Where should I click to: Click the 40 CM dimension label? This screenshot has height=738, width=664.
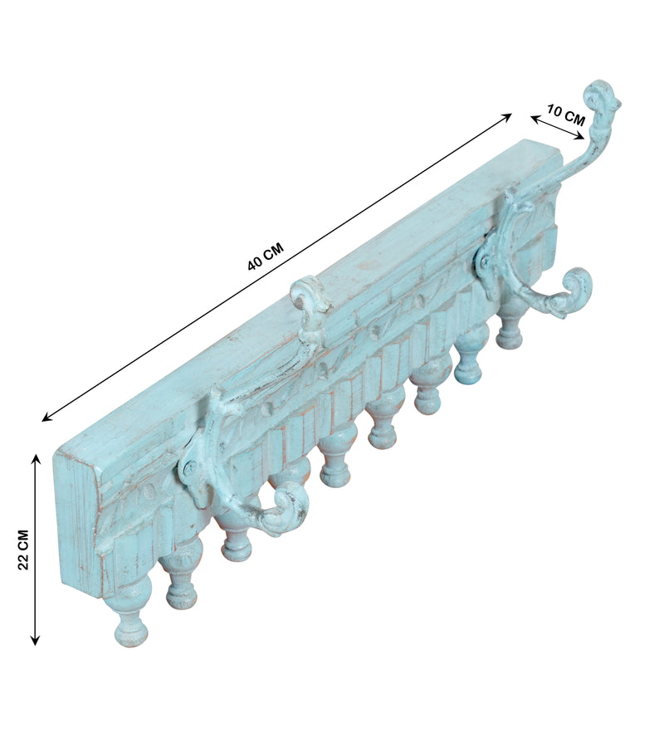[266, 256]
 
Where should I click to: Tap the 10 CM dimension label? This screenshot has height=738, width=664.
[566, 115]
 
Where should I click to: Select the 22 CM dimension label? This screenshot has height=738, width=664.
[23, 550]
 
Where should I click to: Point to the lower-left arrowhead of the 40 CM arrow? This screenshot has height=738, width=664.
[46, 417]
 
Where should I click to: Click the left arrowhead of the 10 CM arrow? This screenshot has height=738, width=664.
[535, 119]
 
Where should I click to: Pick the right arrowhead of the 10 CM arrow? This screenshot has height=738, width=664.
[581, 137]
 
